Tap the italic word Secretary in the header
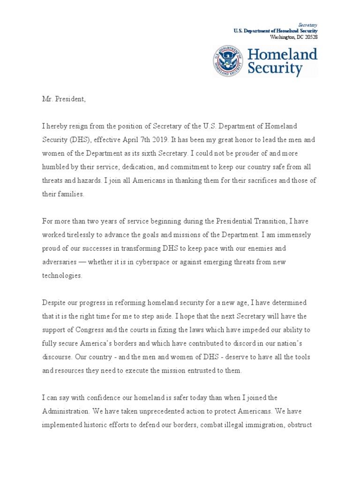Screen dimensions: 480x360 tap(308, 24)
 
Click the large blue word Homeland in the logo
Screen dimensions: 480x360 tap(282, 54)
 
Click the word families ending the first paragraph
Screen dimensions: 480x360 tap(70, 195)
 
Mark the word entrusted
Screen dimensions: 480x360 tap(199, 371)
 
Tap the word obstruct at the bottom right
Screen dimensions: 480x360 tap(293, 425)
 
